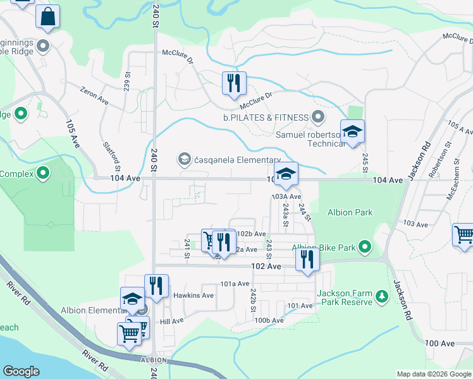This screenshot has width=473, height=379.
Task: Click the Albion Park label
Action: pyautogui.click(x=350, y=213)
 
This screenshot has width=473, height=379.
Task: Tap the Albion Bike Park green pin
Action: pyautogui.click(x=364, y=246)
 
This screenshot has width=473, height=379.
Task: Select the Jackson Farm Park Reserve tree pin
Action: pyautogui.click(x=381, y=296)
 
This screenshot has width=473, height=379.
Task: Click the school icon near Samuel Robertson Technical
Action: pyautogui.click(x=352, y=131)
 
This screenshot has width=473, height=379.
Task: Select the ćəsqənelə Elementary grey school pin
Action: pyautogui.click(x=185, y=158)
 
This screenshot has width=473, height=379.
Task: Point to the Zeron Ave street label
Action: pyautogui.click(x=94, y=95)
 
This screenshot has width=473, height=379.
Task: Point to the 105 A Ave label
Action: pyautogui.click(x=460, y=129)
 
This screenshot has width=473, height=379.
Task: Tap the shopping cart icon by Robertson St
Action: pyautogui.click(x=464, y=234)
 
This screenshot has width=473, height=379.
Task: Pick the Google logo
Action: pyautogui.click(x=21, y=371)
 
